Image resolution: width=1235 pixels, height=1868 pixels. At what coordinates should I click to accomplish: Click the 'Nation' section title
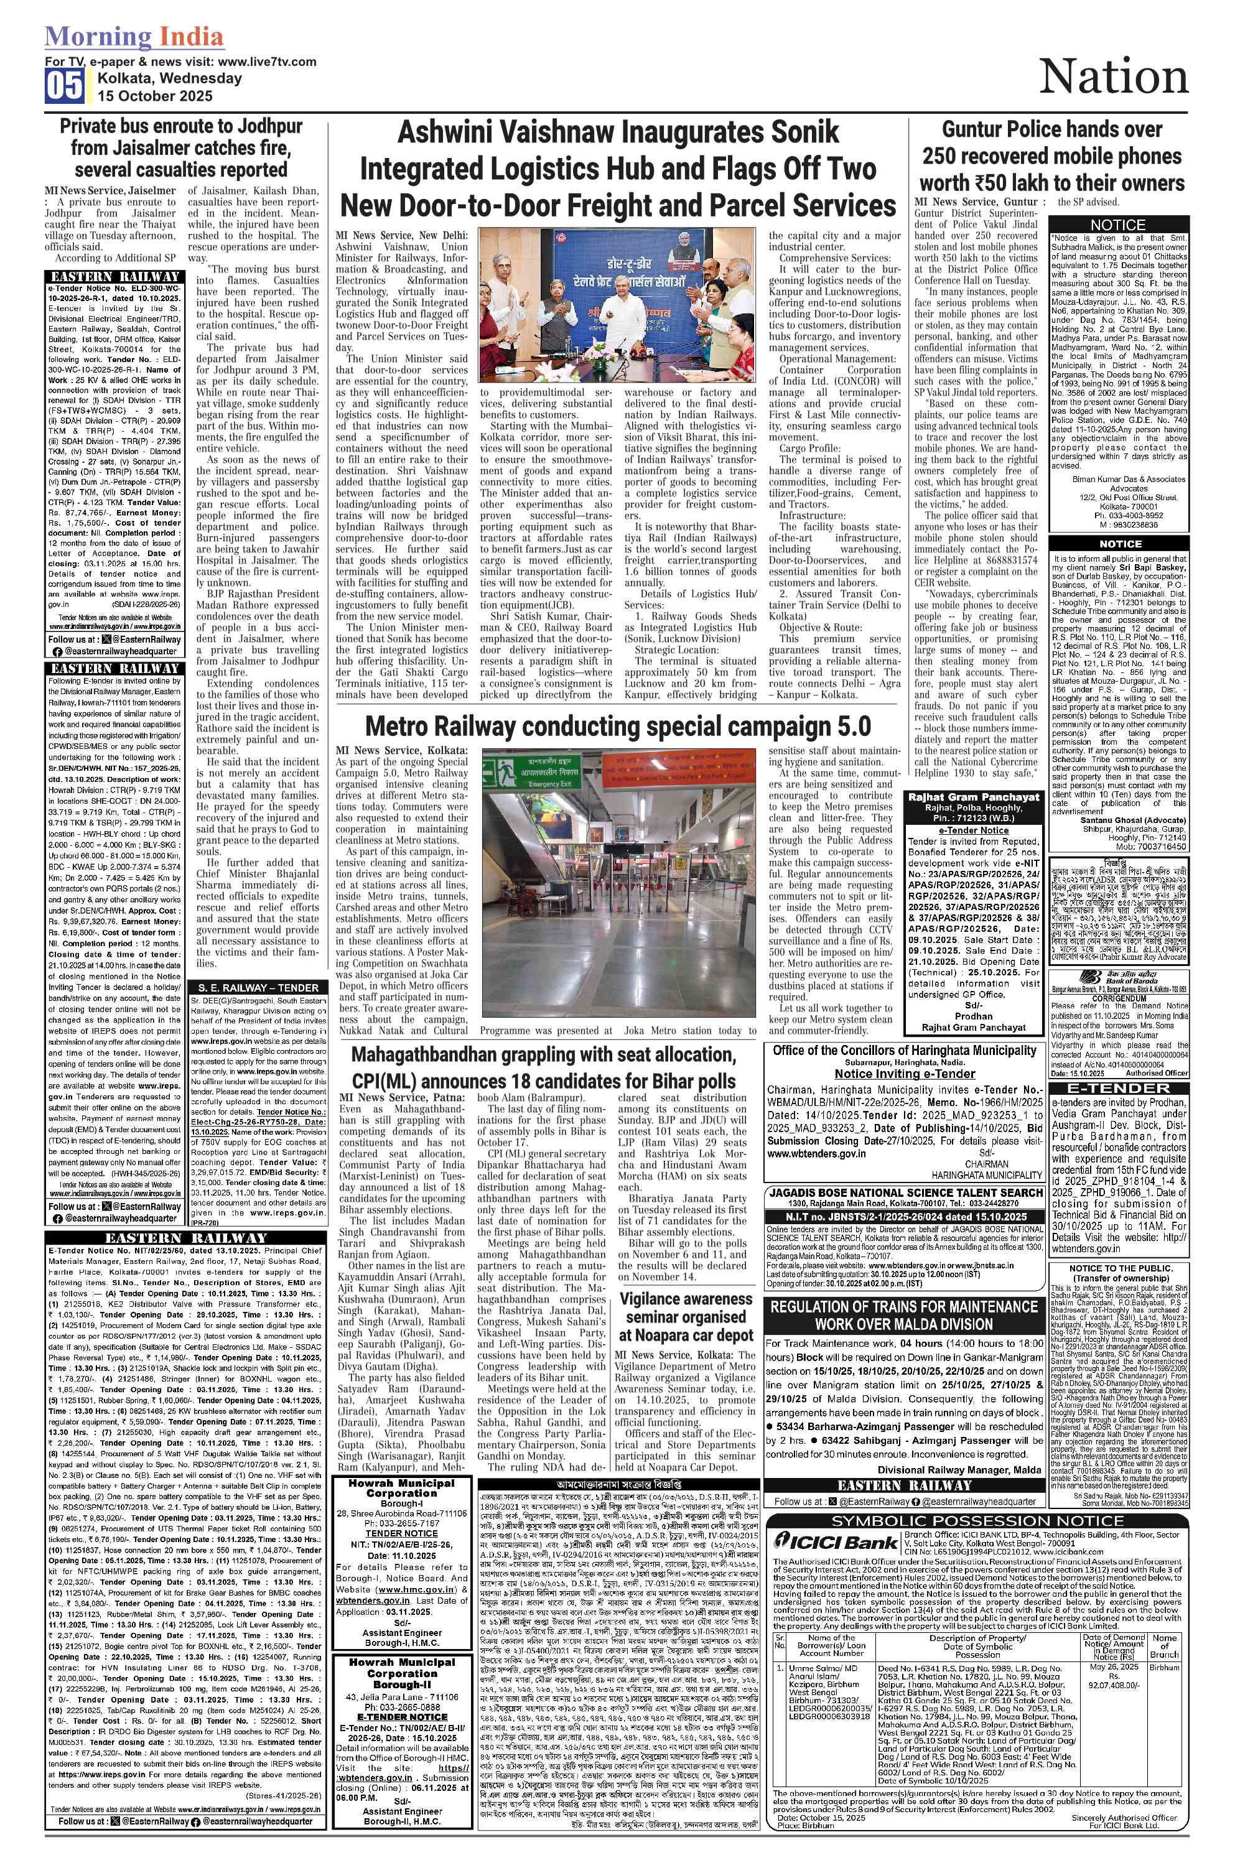pyautogui.click(x=1113, y=78)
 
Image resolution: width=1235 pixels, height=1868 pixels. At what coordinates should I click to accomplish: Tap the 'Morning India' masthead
pyautogui.click(x=134, y=36)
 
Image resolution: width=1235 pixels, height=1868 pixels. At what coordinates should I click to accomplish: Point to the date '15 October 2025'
pyautogui.click(x=155, y=96)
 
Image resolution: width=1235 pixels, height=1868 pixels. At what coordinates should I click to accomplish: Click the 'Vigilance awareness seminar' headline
pyautogui.click(x=686, y=1317)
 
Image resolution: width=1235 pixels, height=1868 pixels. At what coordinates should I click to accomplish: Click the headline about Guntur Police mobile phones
pyautogui.click(x=1051, y=156)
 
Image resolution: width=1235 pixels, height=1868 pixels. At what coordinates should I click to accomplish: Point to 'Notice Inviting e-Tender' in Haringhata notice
pyautogui.click(x=904, y=1074)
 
